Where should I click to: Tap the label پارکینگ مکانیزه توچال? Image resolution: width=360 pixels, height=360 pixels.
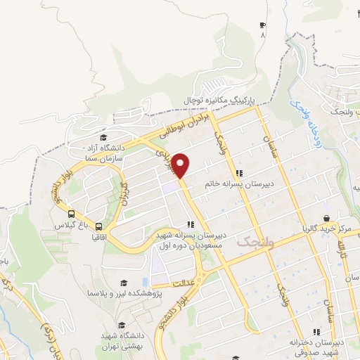221,101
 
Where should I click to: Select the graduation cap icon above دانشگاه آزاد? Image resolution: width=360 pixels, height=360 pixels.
104,137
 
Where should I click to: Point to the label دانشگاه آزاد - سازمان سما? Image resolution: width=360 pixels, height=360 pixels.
104,153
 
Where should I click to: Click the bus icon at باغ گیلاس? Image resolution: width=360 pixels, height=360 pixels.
71,214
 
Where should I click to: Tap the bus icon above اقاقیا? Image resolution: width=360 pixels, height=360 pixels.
98,226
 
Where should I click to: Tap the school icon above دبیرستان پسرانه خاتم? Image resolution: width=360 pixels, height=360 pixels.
239,173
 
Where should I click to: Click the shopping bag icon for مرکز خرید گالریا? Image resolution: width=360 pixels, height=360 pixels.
326,218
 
